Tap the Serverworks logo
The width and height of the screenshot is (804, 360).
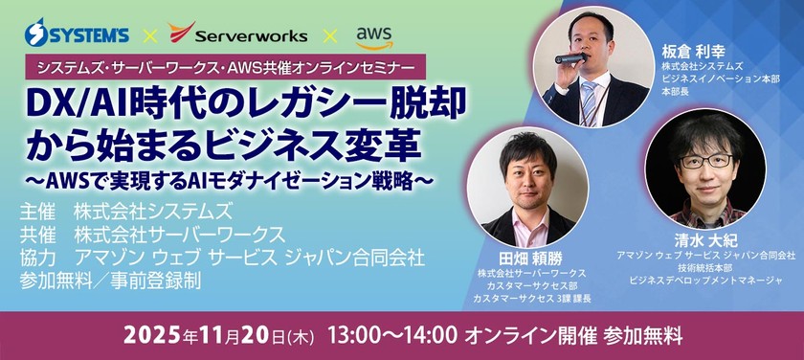237,34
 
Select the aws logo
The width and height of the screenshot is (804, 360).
373,35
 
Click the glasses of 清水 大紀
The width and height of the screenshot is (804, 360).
705,160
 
